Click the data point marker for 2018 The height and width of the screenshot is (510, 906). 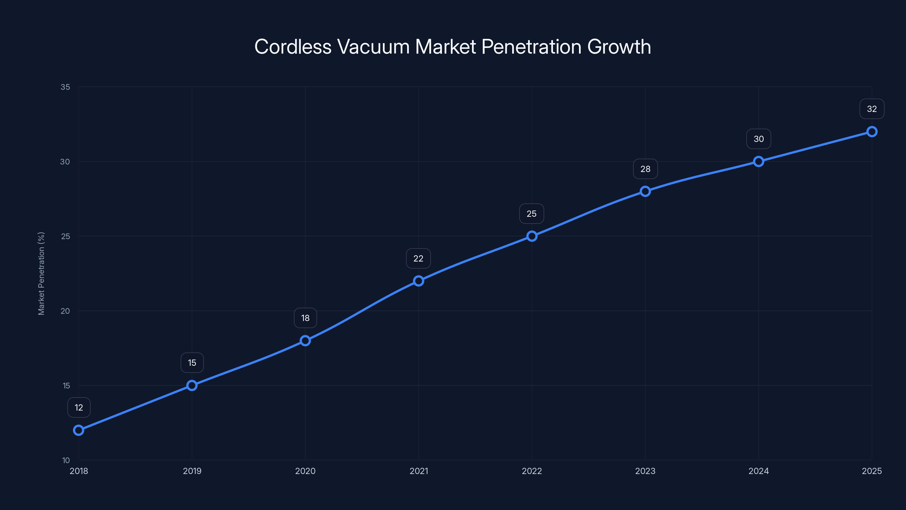[x=78, y=430]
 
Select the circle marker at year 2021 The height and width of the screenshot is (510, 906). [x=418, y=281]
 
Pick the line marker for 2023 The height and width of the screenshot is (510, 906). [x=645, y=192]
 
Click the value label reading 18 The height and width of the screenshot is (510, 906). [x=305, y=318]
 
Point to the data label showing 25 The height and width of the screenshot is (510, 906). [x=531, y=214]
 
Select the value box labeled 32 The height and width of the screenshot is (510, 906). [x=871, y=109]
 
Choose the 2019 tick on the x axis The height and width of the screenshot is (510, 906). [x=192, y=471]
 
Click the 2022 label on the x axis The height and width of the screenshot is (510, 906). [x=532, y=471]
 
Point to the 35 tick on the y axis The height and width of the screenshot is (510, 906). [x=65, y=87]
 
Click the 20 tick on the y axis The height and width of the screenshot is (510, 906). [x=65, y=311]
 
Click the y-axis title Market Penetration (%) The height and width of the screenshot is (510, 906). [x=41, y=273]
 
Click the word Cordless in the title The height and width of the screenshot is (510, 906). [x=293, y=47]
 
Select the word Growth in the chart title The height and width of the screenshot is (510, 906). [x=619, y=47]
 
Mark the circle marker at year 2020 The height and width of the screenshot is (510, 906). [x=305, y=341]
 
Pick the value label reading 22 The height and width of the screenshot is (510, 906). [x=418, y=258]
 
